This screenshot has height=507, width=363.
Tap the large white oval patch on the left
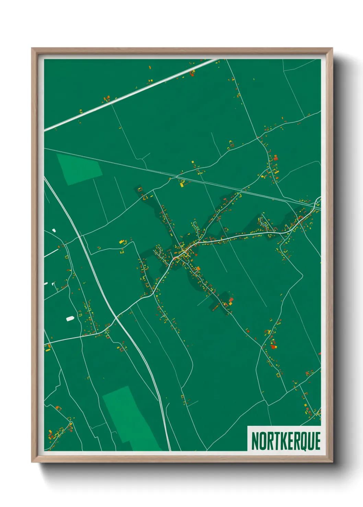point(70,319)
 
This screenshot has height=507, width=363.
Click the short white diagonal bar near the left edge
point(51,253)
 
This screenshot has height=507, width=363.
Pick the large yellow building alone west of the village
point(121,242)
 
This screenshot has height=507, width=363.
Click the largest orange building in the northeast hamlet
point(275,158)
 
